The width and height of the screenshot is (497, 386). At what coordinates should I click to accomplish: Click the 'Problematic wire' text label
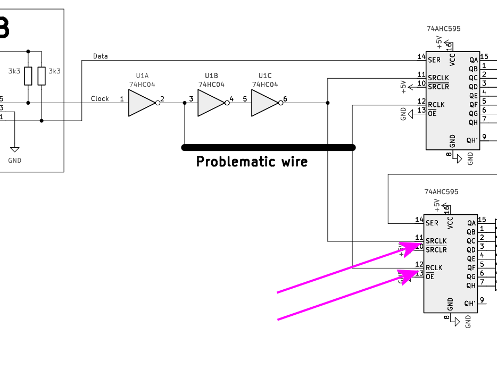pos(252,162)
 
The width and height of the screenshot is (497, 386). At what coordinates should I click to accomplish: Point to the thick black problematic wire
pos(268,147)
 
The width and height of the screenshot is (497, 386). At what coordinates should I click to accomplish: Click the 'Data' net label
pos(100,56)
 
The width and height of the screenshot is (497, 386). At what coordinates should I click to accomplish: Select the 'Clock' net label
pos(100,99)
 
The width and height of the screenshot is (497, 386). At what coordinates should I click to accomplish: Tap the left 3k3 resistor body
pos(28,75)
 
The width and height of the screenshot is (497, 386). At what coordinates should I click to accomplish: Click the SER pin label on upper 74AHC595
pos(434,60)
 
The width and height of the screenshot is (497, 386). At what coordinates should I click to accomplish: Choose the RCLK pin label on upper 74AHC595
pos(436,105)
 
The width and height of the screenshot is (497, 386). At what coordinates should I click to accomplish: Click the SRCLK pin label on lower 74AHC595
pos(436,241)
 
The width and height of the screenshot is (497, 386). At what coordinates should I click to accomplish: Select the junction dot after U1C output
pos(327,103)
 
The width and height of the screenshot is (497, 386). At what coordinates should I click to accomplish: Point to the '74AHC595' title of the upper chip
pos(443,29)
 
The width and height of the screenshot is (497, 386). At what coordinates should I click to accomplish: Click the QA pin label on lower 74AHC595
pos(471,223)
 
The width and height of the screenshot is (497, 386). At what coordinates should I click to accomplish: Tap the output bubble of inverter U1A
pos(158,103)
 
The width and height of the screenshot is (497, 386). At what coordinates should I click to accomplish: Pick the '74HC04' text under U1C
pos(265,85)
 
